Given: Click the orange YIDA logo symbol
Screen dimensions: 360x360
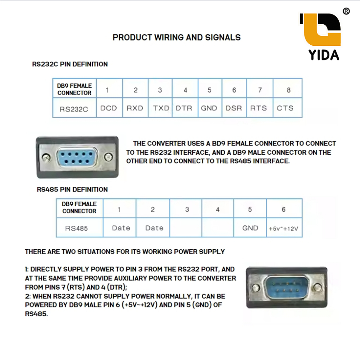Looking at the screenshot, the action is tap(321, 30).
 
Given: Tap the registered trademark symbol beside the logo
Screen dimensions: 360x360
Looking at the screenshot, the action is tap(346, 11).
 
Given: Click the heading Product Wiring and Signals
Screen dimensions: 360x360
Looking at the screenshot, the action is tap(176, 37).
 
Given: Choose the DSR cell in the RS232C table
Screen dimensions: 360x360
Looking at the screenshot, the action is tap(234, 108).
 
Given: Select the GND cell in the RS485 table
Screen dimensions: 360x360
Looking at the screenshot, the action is tap(250, 228).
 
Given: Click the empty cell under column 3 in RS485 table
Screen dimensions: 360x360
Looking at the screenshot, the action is tap(186, 227).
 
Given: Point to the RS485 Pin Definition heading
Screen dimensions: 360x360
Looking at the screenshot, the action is tap(72, 189).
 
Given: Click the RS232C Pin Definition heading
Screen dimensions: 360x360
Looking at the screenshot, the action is tap(70, 64).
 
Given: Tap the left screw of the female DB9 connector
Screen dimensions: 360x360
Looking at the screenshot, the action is tap(46, 157).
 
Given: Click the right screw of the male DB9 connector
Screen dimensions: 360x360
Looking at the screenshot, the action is tap(318, 287).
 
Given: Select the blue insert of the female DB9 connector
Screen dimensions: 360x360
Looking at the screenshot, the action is tap(77, 157).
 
